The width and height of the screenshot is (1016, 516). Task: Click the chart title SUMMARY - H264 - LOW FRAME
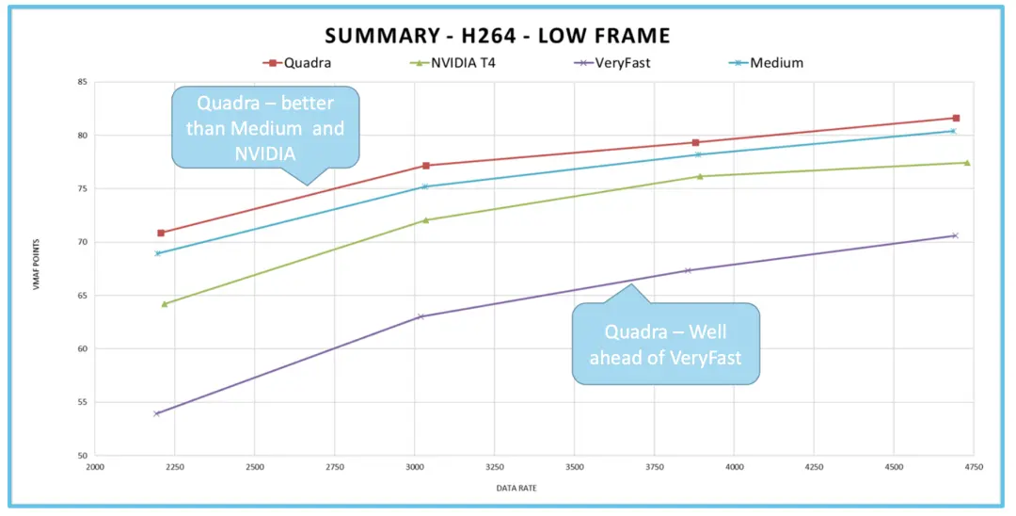tap(498, 36)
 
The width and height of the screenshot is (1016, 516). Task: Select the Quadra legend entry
tap(297, 63)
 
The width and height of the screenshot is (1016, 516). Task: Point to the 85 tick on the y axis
tap(82, 82)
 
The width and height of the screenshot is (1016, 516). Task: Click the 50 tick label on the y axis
tap(82, 456)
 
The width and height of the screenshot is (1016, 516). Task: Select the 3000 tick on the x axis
tap(415, 466)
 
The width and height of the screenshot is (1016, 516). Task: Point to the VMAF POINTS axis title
tap(38, 268)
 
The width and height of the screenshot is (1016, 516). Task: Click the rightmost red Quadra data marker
tap(956, 118)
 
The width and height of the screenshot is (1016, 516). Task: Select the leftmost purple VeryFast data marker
tap(157, 413)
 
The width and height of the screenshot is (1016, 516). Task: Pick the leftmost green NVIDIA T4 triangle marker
tap(165, 303)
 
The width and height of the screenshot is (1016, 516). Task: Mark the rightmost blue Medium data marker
tap(952, 131)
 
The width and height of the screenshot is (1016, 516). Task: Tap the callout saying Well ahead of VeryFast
tap(666, 344)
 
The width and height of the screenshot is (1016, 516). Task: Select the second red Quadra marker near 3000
tap(426, 166)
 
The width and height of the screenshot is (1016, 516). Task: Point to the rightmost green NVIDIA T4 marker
tap(966, 163)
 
